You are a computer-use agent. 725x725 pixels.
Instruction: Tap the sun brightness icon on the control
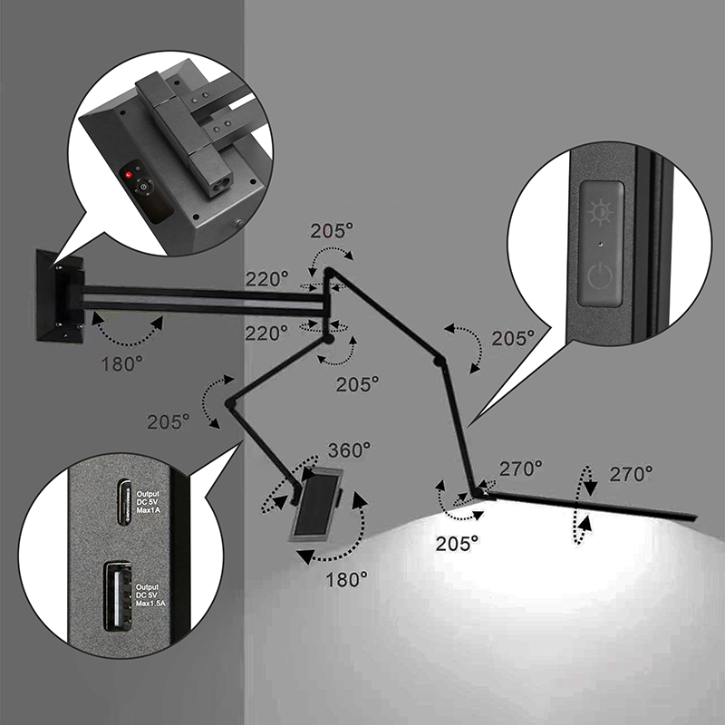tap(601, 212)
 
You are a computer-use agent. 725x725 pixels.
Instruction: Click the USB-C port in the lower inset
tap(123, 502)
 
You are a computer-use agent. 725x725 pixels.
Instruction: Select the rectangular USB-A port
tap(118, 595)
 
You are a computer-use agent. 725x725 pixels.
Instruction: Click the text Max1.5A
tap(150, 604)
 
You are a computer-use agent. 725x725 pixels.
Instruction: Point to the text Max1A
tap(148, 510)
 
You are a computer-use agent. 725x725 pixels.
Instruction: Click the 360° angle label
tap(349, 449)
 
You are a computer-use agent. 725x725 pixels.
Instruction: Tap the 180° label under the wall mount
tap(121, 364)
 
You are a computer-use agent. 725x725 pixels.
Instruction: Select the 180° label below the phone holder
tap(347, 579)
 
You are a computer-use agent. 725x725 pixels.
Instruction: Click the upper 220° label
tap(266, 279)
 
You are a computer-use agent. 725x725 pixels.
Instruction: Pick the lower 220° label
tap(266, 333)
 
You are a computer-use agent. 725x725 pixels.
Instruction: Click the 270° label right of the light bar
tap(631, 474)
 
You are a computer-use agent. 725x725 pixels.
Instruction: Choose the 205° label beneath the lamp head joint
tap(457, 543)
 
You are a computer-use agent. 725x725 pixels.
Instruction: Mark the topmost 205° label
tap(332, 231)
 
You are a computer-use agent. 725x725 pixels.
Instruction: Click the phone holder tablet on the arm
tap(317, 504)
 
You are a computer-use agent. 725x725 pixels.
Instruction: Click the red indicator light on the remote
tap(129, 174)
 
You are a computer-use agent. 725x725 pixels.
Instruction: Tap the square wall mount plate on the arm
tap(59, 297)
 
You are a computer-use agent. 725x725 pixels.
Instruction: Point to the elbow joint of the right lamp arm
tap(439, 361)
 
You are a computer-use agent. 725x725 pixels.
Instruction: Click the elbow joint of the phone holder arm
tap(230, 404)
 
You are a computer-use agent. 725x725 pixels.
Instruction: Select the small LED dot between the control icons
tap(600, 244)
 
